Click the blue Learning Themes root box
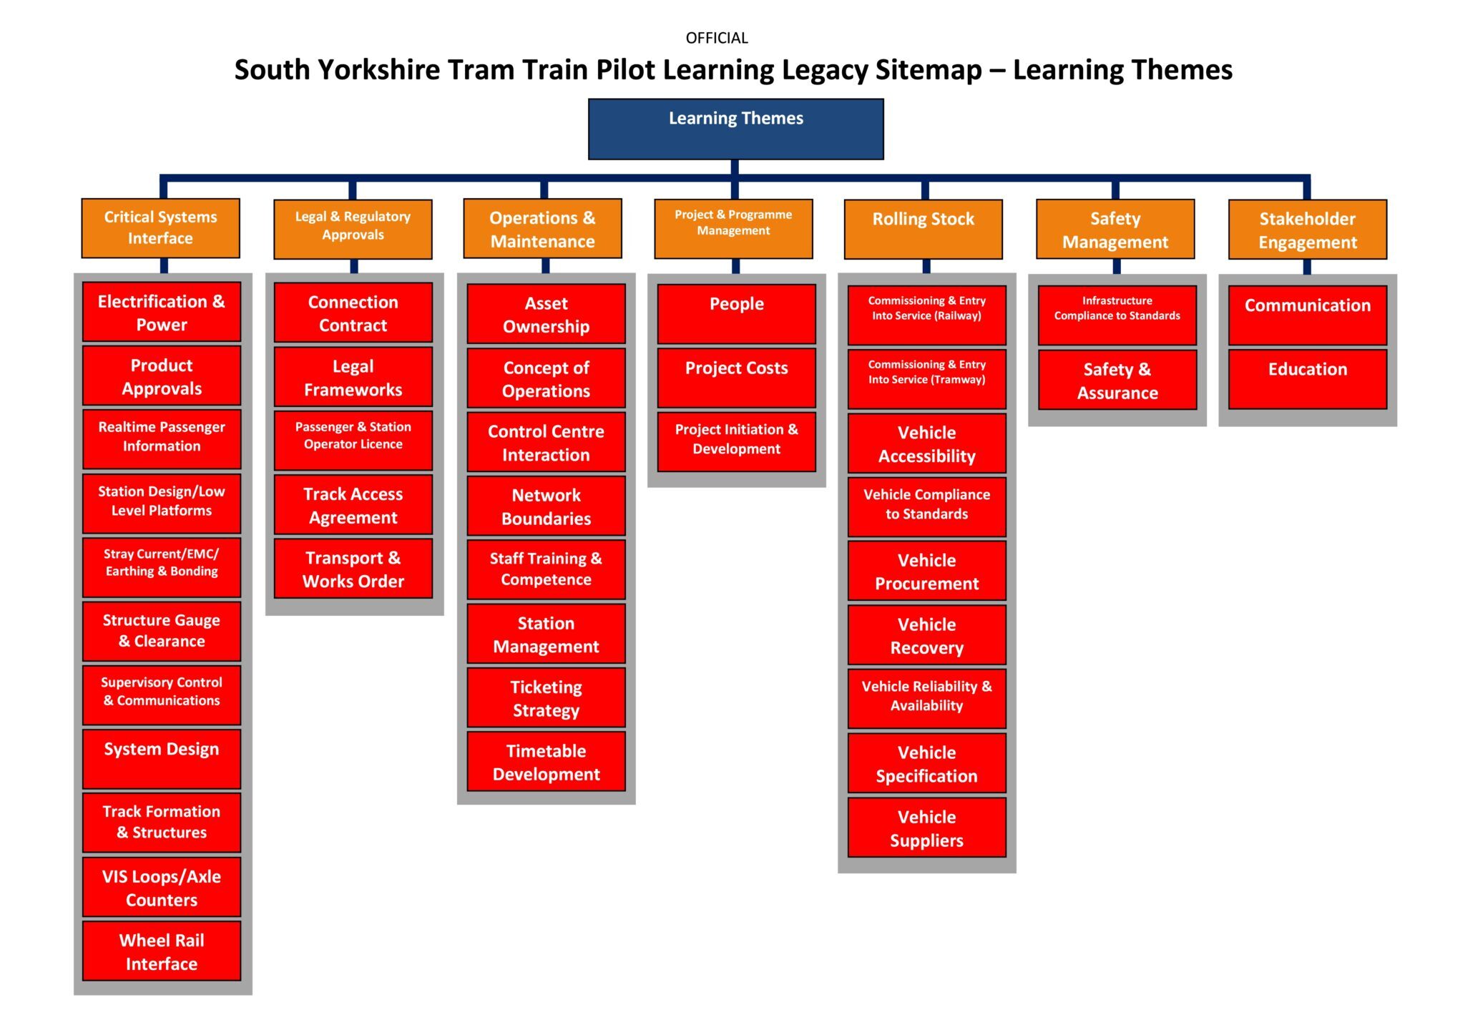(x=735, y=129)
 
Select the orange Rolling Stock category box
(x=923, y=229)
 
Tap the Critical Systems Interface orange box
(x=160, y=228)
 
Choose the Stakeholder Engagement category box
(x=1307, y=229)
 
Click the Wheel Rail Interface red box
(x=162, y=951)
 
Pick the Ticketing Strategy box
(x=546, y=697)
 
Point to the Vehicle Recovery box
(x=926, y=635)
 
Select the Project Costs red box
(x=736, y=377)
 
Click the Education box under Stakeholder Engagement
(x=1307, y=378)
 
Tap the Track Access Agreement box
(x=353, y=505)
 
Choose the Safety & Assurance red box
(x=1117, y=380)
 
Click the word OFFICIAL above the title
(x=717, y=38)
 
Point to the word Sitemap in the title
(x=929, y=70)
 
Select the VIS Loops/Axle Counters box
(x=162, y=887)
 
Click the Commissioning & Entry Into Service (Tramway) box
(x=926, y=378)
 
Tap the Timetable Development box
(x=546, y=761)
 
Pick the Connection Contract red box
(x=353, y=313)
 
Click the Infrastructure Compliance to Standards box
(x=1117, y=315)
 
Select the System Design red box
(x=162, y=758)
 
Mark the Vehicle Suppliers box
(x=926, y=828)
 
